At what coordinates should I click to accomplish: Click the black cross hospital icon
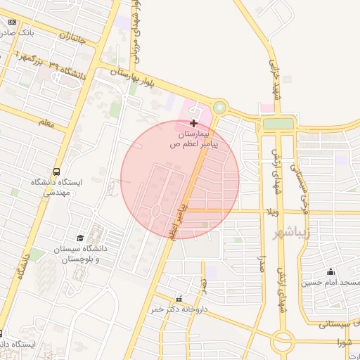[x=193, y=123]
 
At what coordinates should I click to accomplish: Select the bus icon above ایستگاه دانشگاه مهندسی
[x=56, y=171]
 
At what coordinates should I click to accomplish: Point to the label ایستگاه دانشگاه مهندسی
[x=56, y=186]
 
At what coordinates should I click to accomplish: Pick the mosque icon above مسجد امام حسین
[x=330, y=272]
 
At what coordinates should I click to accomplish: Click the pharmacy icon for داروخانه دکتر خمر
[x=179, y=298]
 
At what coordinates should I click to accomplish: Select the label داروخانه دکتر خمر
[x=179, y=309]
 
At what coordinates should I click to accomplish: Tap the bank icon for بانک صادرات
[x=12, y=22]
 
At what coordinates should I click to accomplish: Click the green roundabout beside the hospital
[x=221, y=108]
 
